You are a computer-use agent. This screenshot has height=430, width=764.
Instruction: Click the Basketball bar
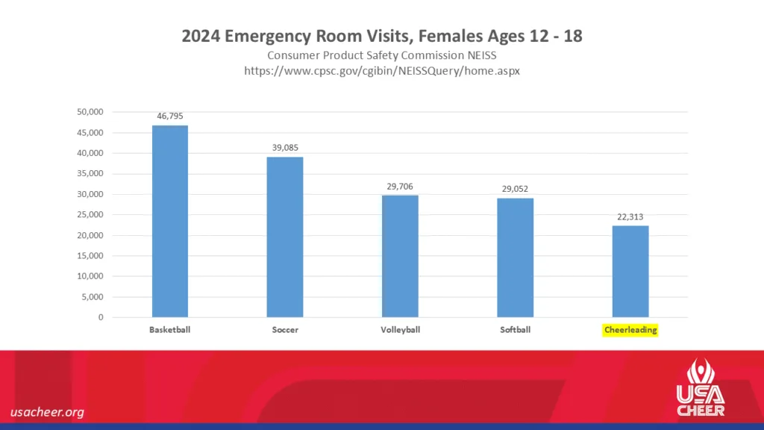(x=170, y=221)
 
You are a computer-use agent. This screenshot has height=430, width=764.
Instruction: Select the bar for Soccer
(x=285, y=237)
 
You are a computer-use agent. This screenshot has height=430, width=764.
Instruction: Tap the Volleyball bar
(x=400, y=256)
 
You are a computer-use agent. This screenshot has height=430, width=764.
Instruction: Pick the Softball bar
(x=515, y=258)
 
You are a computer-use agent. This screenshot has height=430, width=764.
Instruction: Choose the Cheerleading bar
(x=630, y=271)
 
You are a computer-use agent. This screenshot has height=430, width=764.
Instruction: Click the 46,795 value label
(x=170, y=116)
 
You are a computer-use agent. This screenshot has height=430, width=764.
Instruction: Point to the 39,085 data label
(x=285, y=147)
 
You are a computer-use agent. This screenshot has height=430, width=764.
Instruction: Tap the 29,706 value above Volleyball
(x=400, y=186)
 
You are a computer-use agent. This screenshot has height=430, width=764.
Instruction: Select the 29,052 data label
(x=515, y=189)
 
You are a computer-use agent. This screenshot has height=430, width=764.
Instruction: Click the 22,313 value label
(x=630, y=216)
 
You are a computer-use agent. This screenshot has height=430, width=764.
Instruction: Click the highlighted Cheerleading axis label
(x=630, y=329)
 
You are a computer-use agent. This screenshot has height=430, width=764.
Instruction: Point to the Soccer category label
(x=285, y=329)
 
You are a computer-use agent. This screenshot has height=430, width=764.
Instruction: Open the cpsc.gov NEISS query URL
(x=382, y=71)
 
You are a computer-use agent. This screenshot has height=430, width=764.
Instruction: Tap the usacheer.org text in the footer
(x=47, y=412)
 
